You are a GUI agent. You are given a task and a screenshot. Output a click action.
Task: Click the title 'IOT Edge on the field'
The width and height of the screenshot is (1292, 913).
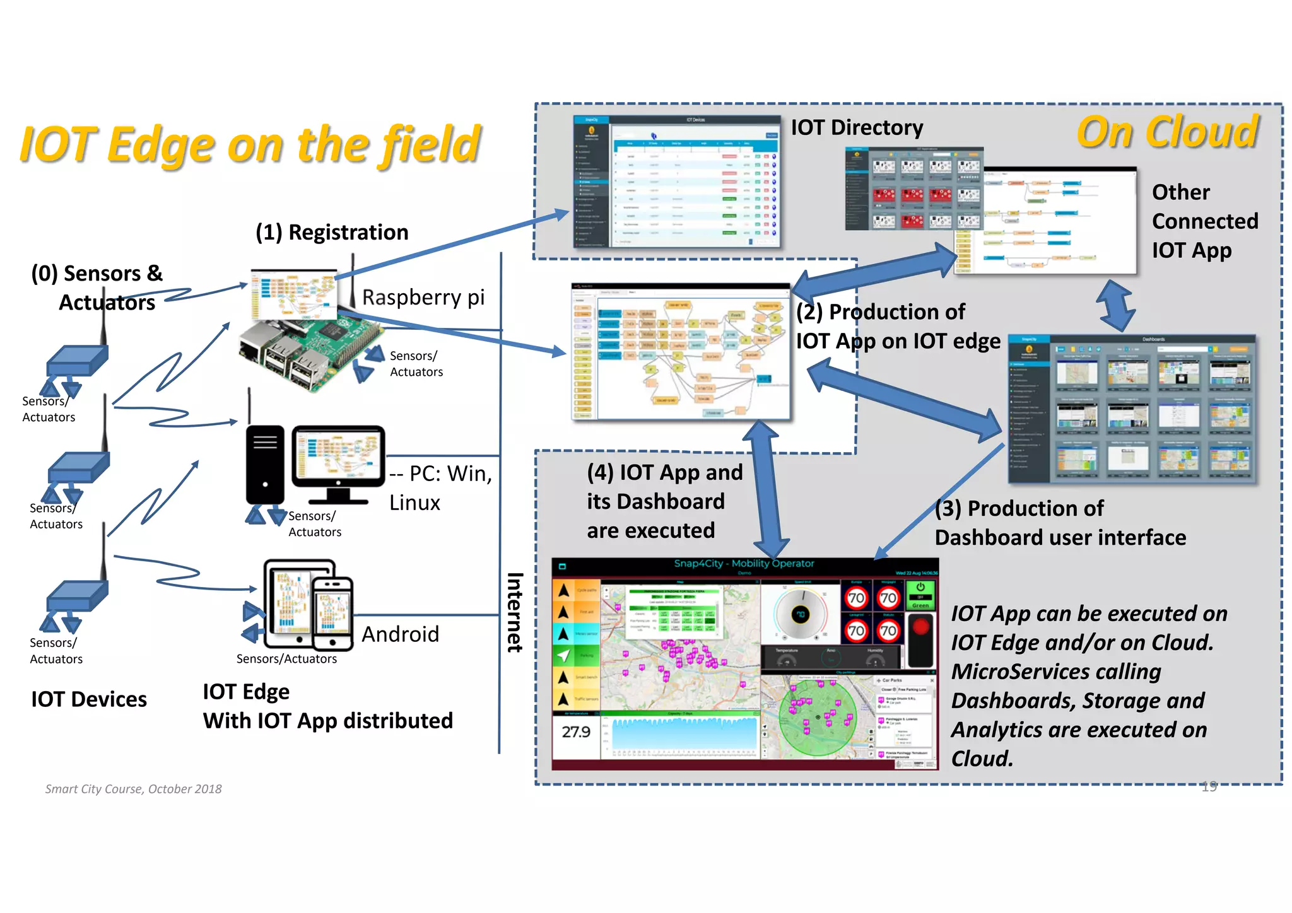[250, 144]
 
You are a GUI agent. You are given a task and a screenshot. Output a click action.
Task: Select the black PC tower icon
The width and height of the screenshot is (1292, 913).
[265, 465]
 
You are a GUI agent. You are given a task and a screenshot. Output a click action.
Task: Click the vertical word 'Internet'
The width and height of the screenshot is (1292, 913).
[515, 612]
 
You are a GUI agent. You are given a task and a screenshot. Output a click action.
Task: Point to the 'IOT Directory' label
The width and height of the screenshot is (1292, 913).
[857, 127]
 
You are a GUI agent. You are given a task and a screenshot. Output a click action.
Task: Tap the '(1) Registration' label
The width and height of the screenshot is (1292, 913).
[332, 232]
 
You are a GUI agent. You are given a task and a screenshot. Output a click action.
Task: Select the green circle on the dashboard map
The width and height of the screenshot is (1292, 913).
[817, 718]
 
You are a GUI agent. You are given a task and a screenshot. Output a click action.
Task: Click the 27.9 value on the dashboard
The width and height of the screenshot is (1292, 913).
[576, 731]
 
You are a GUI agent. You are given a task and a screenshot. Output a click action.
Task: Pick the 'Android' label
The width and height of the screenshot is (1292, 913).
[400, 634]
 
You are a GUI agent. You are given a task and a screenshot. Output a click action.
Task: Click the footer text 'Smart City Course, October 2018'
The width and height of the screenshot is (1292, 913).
[133, 789]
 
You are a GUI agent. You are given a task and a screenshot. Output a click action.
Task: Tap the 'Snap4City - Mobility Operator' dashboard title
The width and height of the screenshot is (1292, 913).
[744, 563]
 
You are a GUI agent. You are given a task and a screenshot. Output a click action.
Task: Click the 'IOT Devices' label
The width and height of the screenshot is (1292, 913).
[89, 699]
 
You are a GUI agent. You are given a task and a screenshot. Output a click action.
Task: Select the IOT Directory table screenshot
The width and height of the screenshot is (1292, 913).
[676, 182]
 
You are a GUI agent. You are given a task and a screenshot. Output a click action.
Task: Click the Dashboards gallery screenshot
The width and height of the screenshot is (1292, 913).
[1132, 410]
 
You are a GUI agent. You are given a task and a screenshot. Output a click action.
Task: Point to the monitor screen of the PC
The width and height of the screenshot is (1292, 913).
[338, 455]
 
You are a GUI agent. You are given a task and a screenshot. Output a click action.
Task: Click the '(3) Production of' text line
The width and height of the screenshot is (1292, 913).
[1019, 508]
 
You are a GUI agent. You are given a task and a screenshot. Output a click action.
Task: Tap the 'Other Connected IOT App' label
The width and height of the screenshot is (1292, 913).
[1204, 221]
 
